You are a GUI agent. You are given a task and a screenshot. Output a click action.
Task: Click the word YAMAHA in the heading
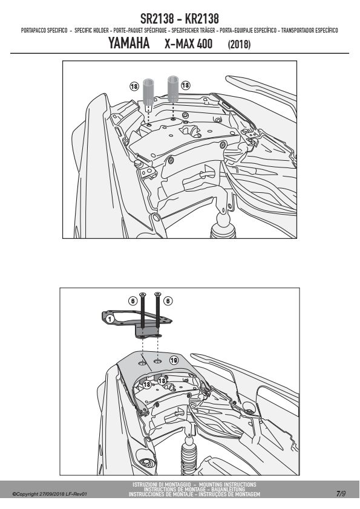[129, 43]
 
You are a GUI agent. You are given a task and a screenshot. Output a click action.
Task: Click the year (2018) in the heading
[239, 44]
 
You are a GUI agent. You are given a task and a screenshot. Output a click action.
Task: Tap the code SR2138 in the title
[157, 19]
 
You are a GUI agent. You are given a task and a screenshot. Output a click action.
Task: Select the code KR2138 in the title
[201, 19]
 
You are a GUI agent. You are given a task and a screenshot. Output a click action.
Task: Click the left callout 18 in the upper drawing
[134, 86]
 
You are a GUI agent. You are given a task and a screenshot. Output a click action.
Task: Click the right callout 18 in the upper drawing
[186, 85]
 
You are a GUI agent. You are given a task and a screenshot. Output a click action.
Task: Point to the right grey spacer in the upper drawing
[173, 89]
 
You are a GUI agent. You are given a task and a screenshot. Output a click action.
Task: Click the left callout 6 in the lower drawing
[133, 301]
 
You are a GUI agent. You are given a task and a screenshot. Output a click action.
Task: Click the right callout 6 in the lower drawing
[168, 301]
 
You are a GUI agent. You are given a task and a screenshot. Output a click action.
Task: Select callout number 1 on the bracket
[110, 319]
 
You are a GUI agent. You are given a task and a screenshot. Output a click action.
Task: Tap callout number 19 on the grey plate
[174, 360]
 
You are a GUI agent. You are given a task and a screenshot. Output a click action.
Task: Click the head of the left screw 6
[142, 294]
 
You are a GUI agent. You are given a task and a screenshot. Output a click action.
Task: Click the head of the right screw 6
[157, 294]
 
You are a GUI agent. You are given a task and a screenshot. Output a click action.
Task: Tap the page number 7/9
[341, 494]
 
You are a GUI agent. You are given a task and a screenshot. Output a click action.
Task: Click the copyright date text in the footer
[50, 494]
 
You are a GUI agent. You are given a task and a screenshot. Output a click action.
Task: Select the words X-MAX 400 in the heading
[188, 44]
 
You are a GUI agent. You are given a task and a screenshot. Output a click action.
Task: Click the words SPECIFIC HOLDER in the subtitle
[91, 30]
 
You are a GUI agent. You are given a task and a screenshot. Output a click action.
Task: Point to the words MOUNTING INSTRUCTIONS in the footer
[227, 484]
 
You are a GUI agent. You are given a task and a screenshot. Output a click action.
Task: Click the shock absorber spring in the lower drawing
[188, 458]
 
